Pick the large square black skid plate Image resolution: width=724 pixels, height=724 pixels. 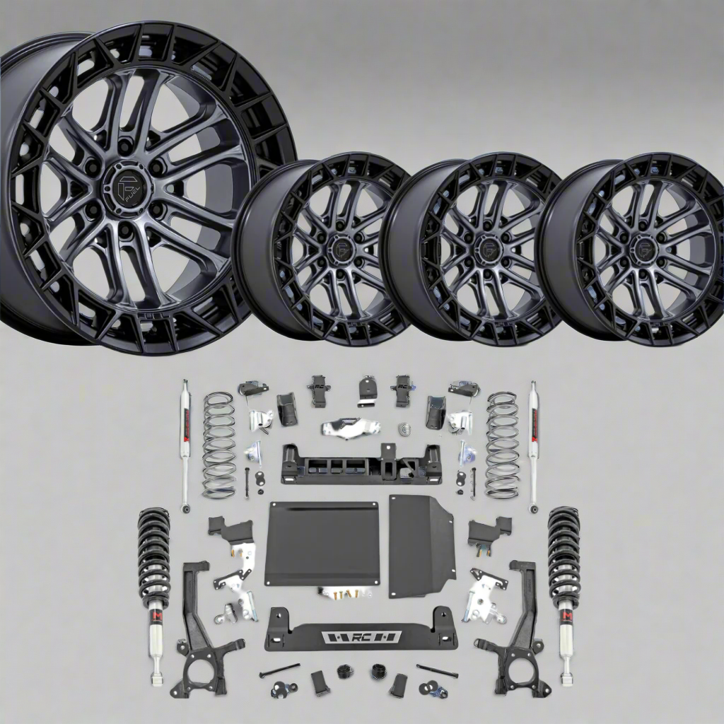[x=322, y=543]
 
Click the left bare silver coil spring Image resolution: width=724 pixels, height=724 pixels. [x=218, y=445]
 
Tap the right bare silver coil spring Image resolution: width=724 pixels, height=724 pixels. [x=502, y=445]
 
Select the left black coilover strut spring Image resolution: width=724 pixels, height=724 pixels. [x=153, y=548]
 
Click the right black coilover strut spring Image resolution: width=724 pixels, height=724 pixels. [x=564, y=548]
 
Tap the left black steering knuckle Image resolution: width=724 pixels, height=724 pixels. [x=202, y=636]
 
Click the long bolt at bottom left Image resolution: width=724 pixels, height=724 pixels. [x=279, y=670]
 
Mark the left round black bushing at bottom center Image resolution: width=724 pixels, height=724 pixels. [x=345, y=670]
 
